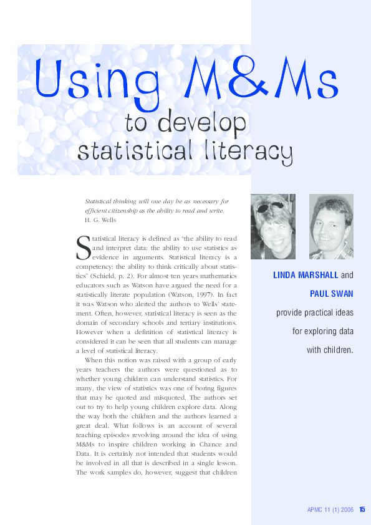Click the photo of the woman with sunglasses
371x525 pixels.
[273, 226]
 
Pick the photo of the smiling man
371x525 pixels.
[331, 226]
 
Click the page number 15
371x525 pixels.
[362, 510]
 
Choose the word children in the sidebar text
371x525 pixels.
[337, 350]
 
